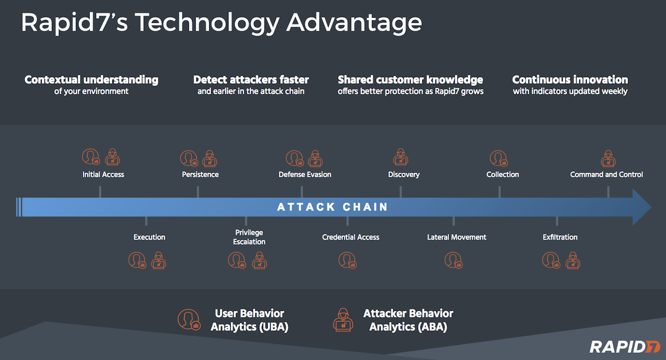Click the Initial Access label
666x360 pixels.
[103, 175]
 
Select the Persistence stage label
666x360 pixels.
[200, 175]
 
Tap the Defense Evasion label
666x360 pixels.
[305, 175]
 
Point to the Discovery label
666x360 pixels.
[404, 175]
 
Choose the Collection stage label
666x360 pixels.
[502, 175]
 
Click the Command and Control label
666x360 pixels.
[607, 175]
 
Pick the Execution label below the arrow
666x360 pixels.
[149, 237]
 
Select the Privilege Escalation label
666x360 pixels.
[249, 237]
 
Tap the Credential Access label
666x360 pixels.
[351, 237]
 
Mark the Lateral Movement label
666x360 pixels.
[457, 237]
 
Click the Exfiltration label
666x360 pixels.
[560, 237]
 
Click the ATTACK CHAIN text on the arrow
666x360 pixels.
[333, 207]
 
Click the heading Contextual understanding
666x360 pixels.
[91, 80]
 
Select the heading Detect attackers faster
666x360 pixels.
[251, 80]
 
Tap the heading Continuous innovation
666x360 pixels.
[570, 80]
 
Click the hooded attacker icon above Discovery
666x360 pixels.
[401, 157]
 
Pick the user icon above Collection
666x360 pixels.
[498, 158]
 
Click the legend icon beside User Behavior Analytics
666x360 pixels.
[188, 320]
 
